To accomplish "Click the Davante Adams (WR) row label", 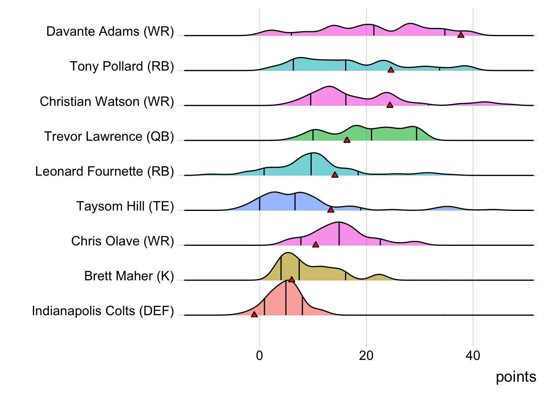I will (110, 32).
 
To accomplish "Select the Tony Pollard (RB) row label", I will (122, 66).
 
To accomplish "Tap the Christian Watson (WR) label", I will (107, 101).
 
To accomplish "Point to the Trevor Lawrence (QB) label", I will (109, 136).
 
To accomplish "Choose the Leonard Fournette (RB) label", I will (104, 171).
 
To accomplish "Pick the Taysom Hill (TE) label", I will (125, 206).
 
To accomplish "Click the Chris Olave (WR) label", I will (122, 241).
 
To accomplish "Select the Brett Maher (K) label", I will (129, 276).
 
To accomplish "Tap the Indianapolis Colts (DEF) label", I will (103, 311).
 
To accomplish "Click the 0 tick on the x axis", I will (260, 355).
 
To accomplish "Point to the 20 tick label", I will (366, 355).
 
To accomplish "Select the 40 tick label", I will (473, 355).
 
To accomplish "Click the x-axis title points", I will (516, 377).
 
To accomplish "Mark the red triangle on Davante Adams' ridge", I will (461, 35).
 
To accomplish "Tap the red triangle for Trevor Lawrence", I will (347, 140).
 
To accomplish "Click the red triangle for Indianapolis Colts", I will (254, 314).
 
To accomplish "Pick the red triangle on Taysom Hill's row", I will (331, 210).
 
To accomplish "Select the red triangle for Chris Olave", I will (315, 245).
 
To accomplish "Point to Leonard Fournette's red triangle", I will (335, 175).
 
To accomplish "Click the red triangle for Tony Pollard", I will (391, 70).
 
